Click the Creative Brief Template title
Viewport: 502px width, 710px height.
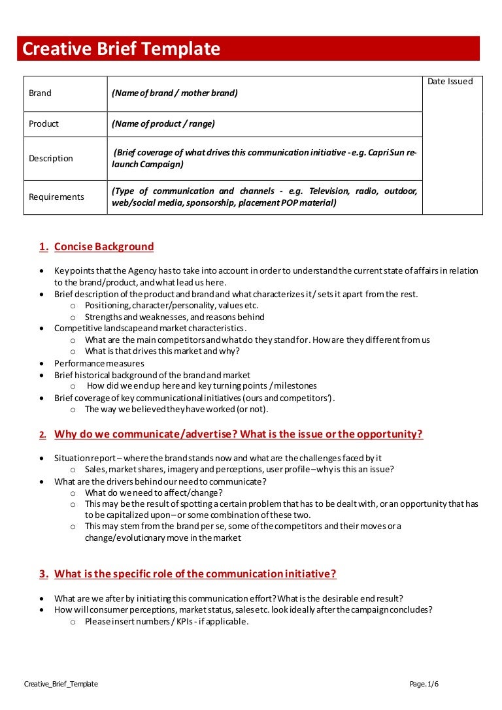(x=122, y=49)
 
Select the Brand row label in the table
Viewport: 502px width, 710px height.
(x=40, y=93)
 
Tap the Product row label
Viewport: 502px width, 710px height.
(x=44, y=124)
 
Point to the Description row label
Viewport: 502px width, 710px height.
(x=51, y=159)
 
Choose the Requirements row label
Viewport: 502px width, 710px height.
(x=56, y=197)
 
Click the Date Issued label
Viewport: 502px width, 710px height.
(x=450, y=82)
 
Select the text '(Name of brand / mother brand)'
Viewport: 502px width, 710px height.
(x=175, y=93)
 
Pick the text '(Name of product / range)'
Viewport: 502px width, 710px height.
(x=163, y=124)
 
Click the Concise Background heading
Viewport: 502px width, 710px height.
(x=104, y=247)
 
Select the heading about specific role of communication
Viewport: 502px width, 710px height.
(x=195, y=574)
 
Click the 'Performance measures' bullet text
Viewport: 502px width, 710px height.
(x=99, y=363)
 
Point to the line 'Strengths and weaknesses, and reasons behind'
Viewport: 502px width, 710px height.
(x=175, y=317)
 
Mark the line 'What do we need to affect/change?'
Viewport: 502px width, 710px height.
(x=154, y=493)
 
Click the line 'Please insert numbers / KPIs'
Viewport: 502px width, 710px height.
(x=167, y=622)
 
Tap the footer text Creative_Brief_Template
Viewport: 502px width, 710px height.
(x=61, y=684)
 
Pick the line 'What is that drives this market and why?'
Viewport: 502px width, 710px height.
(x=162, y=351)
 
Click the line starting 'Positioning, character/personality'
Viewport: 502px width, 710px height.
(x=172, y=306)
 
